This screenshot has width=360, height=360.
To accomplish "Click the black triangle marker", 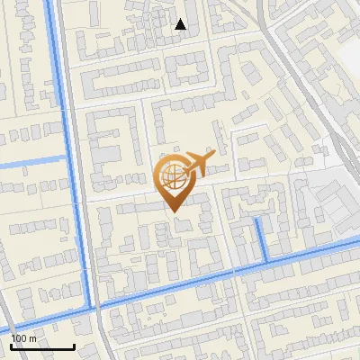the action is [181, 25].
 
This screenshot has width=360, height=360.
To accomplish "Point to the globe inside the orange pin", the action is [171, 175].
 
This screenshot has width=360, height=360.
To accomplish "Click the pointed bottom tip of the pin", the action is [172, 211].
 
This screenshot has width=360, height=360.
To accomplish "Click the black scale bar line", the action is [42, 346].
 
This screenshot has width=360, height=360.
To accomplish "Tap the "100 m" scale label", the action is [23, 337].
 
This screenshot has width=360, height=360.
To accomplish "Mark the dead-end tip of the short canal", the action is [258, 219].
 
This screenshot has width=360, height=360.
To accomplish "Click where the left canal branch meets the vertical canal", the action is [67, 158].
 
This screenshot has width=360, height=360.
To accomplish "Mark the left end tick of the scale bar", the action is [12, 345].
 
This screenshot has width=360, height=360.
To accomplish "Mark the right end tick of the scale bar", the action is [74, 345].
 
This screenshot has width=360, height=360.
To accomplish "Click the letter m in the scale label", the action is [31, 337].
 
